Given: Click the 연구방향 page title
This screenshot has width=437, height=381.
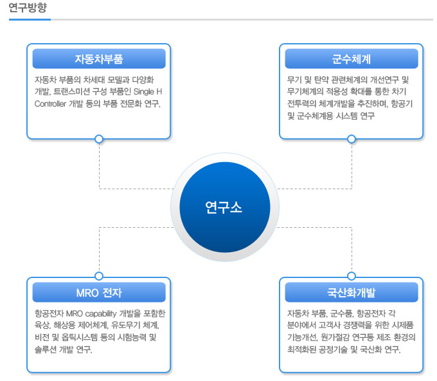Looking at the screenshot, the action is point(28,8).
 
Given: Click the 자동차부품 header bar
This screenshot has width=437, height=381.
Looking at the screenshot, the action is point(99,59).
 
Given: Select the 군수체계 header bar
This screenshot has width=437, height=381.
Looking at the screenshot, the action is point(352,59).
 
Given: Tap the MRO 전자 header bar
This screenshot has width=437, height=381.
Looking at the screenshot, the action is point(99,292).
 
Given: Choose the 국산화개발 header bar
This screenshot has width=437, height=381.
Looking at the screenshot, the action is point(352,292).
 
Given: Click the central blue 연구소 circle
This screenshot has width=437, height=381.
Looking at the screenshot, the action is point(225,207).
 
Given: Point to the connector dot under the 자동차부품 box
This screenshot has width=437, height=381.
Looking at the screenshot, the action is point(99,139).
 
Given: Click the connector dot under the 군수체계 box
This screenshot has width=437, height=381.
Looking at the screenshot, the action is point(352,139).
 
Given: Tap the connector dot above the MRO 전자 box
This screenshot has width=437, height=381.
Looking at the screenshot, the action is point(99,276).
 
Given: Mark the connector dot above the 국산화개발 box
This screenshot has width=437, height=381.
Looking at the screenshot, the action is point(352,276).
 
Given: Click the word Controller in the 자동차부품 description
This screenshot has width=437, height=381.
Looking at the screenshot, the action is point(50,104).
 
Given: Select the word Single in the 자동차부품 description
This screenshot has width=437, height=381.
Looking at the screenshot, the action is point(144,92).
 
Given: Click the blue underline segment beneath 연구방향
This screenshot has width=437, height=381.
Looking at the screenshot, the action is point(30,19).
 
